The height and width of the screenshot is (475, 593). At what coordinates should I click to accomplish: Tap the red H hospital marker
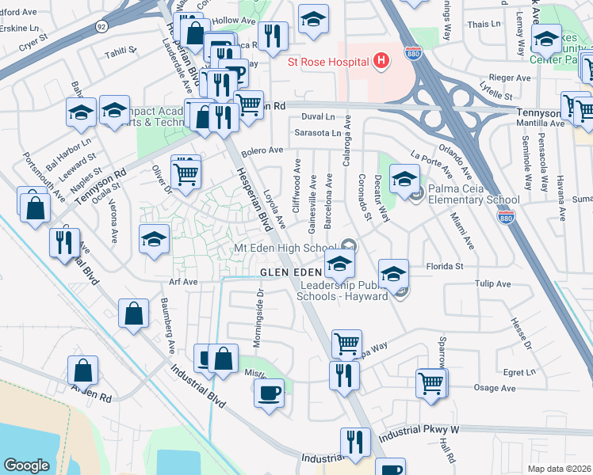(x=381, y=60)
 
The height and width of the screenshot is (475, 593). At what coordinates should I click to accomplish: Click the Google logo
(x=26, y=465)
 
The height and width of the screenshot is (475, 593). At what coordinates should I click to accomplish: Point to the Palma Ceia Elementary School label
(x=474, y=195)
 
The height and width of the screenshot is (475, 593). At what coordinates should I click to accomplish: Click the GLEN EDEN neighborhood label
(x=292, y=272)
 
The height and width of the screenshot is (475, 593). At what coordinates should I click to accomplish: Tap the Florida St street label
(x=446, y=267)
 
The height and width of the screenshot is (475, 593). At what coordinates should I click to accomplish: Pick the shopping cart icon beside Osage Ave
(x=430, y=383)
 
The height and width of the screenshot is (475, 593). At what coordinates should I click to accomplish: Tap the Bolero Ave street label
(x=262, y=150)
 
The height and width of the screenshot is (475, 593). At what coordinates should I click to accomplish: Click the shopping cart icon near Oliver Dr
(x=185, y=171)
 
